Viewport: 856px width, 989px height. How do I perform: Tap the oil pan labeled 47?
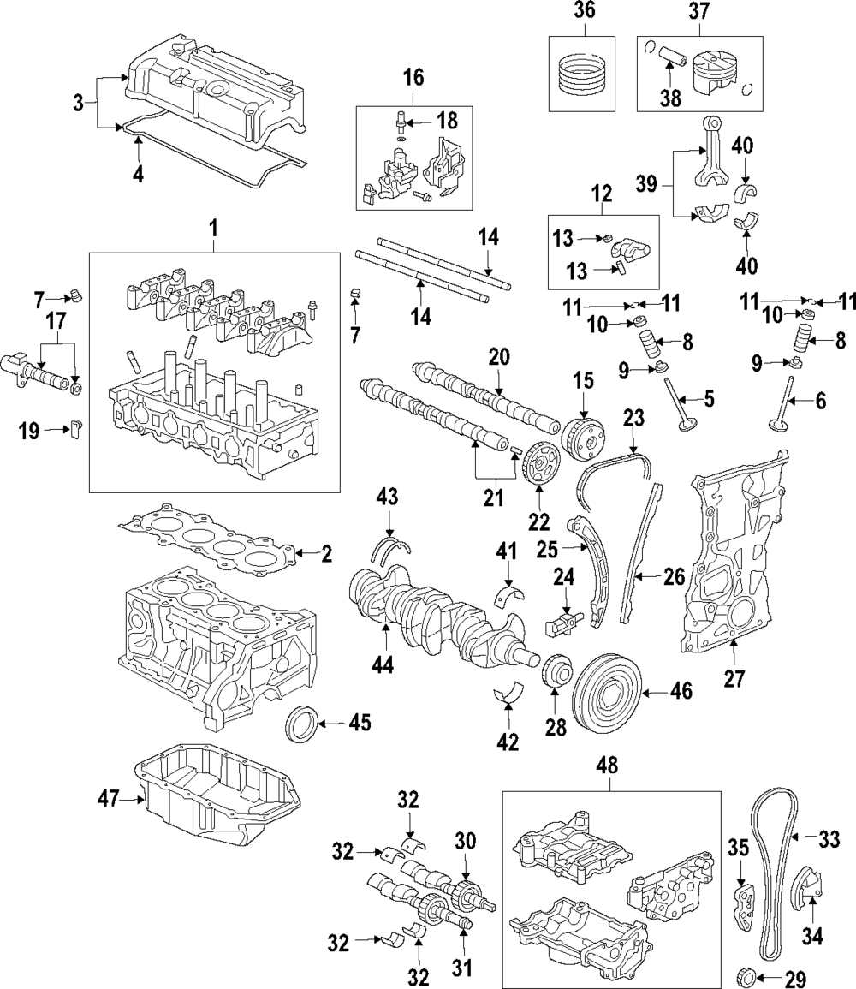pyautogui.click(x=217, y=795)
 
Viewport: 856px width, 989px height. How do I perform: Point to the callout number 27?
pyautogui.click(x=734, y=678)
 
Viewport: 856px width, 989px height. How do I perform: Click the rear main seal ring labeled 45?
pyautogui.click(x=300, y=723)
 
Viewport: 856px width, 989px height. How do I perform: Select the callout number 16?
pyautogui.click(x=413, y=78)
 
